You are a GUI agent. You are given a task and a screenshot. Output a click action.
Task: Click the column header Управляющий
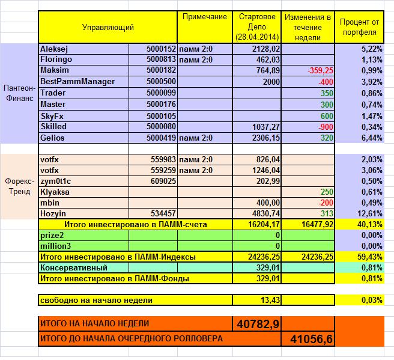[108, 27]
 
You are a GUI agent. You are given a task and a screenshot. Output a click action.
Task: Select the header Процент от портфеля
[359, 27]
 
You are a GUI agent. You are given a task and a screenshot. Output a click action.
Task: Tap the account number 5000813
[160, 59]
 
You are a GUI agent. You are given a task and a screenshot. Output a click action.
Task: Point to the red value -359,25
[320, 71]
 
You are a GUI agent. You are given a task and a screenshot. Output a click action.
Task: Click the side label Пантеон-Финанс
[19, 93]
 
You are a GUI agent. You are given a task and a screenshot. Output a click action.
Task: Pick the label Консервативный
[74, 267]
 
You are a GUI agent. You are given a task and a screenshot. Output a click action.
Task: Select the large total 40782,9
[258, 324]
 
